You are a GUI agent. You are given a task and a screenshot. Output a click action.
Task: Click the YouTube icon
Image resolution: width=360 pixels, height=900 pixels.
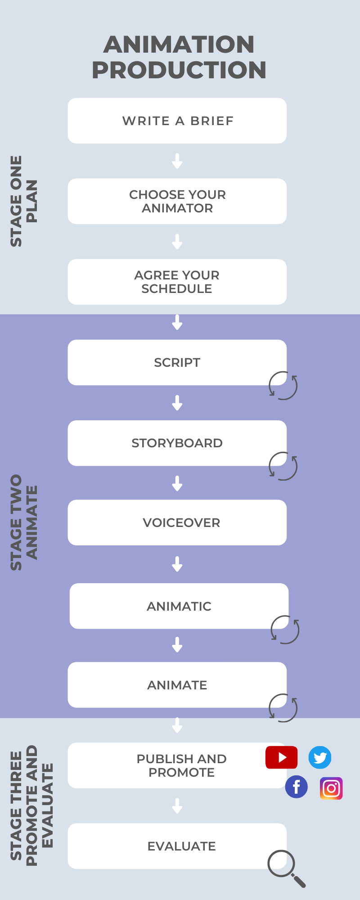[281, 757]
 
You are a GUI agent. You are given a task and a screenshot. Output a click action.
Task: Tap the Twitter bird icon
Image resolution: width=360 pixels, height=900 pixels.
[320, 758]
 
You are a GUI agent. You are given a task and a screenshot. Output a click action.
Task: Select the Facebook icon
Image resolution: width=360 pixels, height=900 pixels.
[297, 787]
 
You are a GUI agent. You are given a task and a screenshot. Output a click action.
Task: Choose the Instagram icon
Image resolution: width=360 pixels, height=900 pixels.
[331, 788]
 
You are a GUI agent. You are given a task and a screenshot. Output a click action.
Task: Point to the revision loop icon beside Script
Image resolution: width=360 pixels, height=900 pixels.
[283, 386]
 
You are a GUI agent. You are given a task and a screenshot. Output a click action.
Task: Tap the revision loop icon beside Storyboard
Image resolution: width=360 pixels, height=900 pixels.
[283, 466]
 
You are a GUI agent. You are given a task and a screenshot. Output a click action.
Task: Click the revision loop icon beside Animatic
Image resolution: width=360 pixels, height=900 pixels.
[285, 630]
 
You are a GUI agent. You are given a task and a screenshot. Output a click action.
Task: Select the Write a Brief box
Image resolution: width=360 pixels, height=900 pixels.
[177, 121]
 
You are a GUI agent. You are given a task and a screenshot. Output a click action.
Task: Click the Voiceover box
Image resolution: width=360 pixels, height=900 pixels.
[177, 522]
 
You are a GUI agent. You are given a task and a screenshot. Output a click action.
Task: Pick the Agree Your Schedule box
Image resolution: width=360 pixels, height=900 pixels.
[177, 282]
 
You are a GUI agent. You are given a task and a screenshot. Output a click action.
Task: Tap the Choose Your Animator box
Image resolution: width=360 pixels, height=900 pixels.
[177, 201]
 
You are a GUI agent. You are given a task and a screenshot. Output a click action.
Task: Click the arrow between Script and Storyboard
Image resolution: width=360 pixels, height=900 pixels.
[177, 403]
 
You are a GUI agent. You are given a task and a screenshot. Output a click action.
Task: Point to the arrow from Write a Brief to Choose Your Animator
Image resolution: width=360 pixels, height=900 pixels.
[177, 161]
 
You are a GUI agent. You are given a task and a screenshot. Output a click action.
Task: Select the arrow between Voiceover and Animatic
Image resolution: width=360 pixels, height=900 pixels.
[177, 564]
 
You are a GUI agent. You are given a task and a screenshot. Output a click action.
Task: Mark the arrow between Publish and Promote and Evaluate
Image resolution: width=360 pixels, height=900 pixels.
[177, 805]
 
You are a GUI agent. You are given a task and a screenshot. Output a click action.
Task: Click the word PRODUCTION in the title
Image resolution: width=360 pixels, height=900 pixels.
[179, 70]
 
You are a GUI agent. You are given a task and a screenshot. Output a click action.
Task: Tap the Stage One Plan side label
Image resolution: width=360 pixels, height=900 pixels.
[24, 201]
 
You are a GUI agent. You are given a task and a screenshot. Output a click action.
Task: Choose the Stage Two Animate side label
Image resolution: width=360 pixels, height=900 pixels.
[24, 522]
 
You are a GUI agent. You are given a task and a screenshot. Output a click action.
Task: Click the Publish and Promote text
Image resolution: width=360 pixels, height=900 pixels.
[182, 765]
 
